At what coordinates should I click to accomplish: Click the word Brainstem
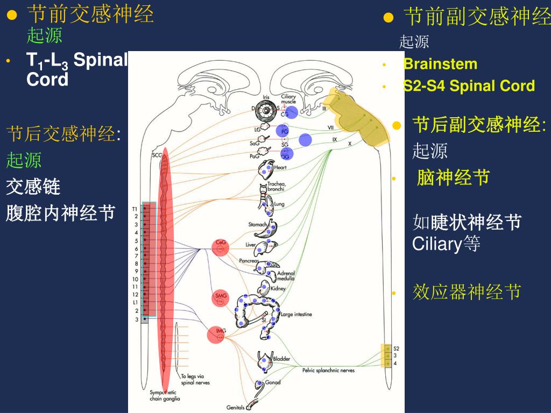click(440, 64)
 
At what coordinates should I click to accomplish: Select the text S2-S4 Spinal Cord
click(469, 86)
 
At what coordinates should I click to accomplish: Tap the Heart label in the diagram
click(280, 167)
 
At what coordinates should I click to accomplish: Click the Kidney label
click(278, 288)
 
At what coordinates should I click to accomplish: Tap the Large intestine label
click(296, 314)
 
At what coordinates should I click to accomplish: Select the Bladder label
click(281, 359)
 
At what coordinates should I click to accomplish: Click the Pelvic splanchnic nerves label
click(328, 371)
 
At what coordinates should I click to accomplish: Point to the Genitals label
click(236, 408)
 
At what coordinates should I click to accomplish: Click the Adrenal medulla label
click(286, 276)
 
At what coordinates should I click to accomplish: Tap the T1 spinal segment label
click(135, 208)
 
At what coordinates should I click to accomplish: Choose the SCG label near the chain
click(157, 155)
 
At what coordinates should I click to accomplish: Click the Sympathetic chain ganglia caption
click(165, 396)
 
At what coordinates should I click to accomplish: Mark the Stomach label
click(258, 224)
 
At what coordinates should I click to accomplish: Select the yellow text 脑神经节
click(453, 177)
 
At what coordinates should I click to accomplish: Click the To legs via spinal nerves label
click(195, 380)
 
